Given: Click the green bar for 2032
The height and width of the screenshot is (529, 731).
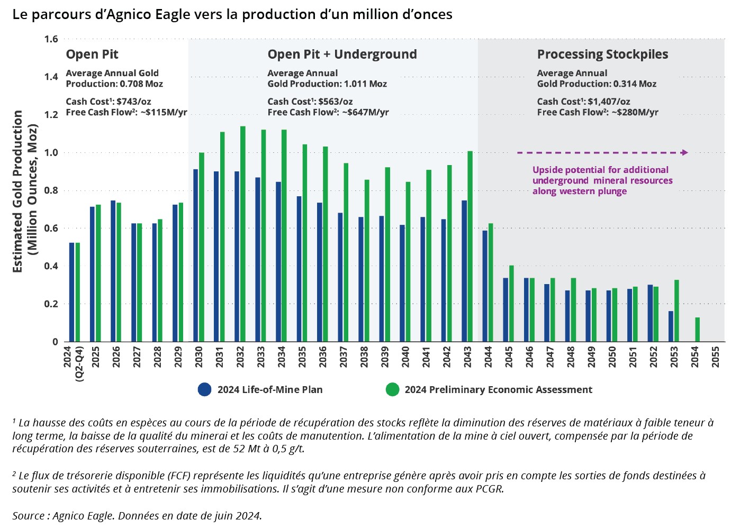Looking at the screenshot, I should [243, 234].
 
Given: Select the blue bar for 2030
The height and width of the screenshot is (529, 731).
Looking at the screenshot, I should [196, 256].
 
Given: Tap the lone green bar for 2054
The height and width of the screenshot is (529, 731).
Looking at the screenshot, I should [698, 330].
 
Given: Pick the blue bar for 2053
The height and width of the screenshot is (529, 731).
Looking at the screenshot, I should [671, 326].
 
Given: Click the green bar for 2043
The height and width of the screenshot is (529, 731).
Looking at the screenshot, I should [470, 247].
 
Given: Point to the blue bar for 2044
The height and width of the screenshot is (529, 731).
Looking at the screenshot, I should [485, 286].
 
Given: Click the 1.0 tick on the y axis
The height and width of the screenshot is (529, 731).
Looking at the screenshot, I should [51, 153].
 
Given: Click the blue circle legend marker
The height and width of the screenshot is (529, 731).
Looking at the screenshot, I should [204, 389].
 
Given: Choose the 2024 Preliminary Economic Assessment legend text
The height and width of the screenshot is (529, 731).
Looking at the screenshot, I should [498, 390].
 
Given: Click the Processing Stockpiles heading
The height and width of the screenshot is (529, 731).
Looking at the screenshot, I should [602, 54].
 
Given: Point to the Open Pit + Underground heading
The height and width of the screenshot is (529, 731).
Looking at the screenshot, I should [342, 54].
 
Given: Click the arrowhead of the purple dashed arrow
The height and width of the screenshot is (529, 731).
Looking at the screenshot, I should [685, 153].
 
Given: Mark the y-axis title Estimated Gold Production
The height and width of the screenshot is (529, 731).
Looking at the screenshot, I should [18, 191].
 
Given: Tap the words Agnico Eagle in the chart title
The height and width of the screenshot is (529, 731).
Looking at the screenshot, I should [144, 14].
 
